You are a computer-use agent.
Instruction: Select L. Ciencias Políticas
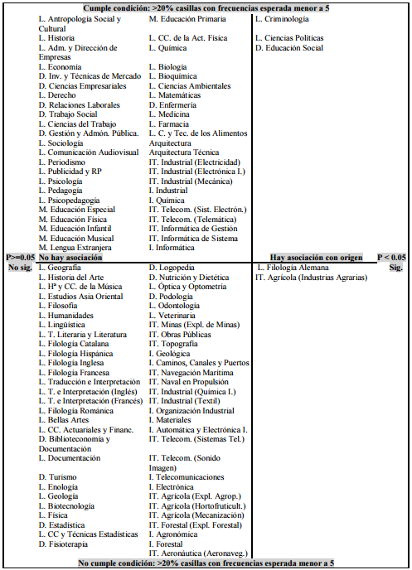click(289, 38)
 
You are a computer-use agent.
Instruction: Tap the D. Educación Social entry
click(289, 48)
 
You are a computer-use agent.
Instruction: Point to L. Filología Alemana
click(293, 268)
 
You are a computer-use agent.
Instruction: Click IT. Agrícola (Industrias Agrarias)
click(311, 278)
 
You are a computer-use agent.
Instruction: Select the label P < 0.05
click(391, 258)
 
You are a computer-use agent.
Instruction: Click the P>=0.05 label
click(20, 258)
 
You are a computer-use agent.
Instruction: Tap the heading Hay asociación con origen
click(316, 258)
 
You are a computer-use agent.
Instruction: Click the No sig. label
click(18, 268)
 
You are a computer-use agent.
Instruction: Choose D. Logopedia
click(172, 268)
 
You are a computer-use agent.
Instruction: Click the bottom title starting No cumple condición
click(206, 563)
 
